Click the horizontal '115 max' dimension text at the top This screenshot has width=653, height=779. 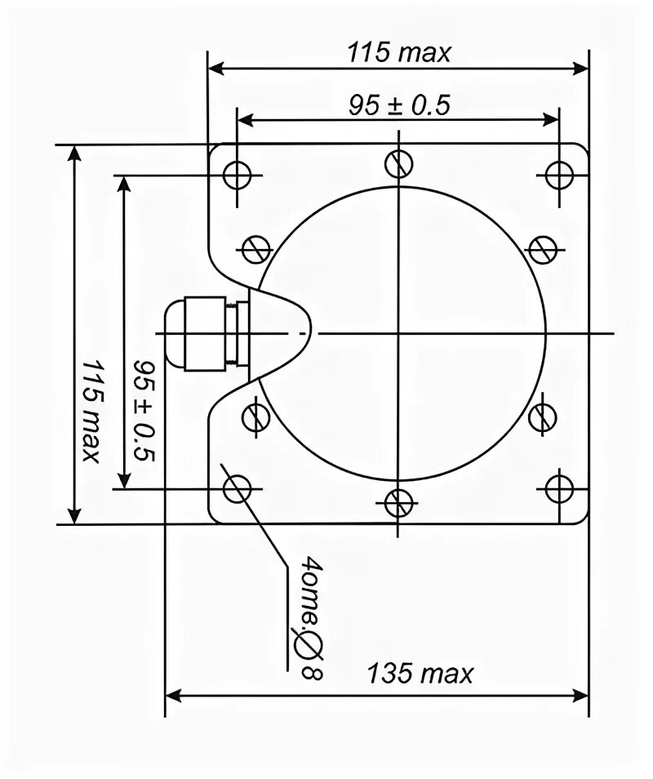[x=399, y=52]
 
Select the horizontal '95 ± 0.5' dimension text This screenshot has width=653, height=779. [x=399, y=105]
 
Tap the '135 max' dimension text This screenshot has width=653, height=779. [x=420, y=674]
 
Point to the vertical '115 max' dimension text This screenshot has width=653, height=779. [x=92, y=411]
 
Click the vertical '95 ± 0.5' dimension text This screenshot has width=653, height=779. [x=145, y=411]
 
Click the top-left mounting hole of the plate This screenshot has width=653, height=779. [x=237, y=175]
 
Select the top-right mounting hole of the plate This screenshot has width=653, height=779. [x=559, y=175]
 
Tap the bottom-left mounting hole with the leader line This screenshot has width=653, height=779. [x=237, y=489]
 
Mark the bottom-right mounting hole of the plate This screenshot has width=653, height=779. [x=559, y=489]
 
